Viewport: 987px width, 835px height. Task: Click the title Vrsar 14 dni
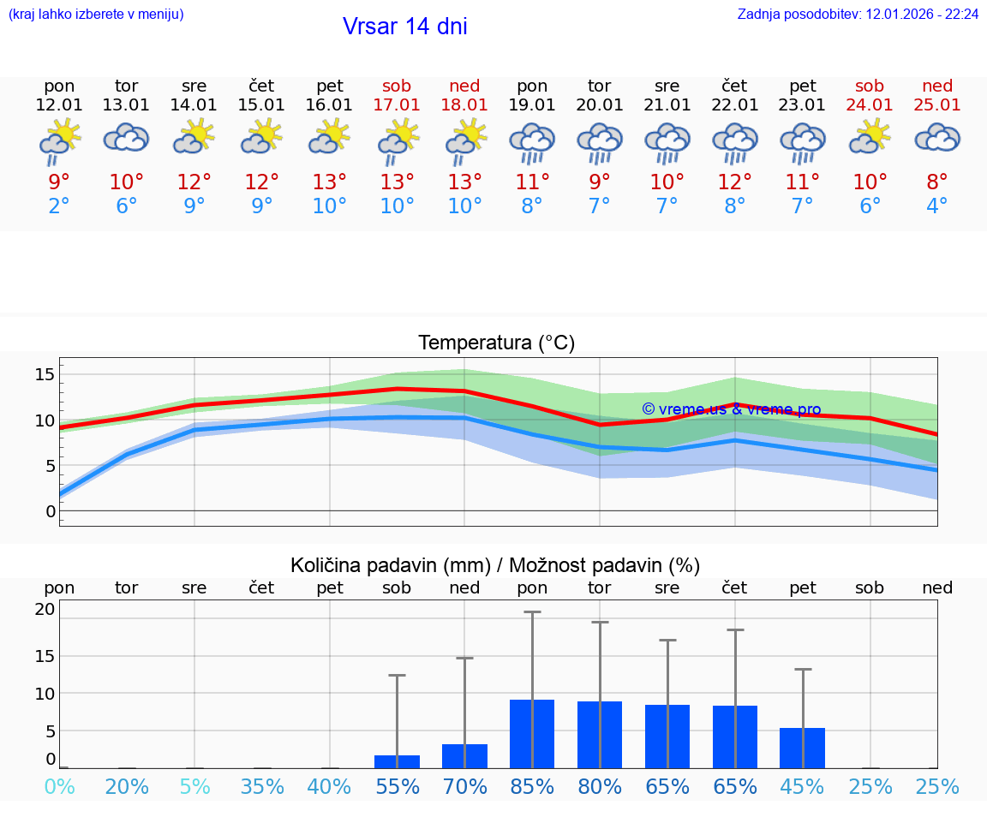[404, 27]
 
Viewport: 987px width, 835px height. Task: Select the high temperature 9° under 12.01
[59, 182]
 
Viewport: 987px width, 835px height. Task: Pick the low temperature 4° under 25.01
[937, 206]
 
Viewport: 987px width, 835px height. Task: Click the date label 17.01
[397, 105]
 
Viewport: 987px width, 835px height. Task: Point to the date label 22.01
[734, 105]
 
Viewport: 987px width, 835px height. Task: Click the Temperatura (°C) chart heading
[496, 343]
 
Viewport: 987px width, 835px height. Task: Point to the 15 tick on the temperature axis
[45, 374]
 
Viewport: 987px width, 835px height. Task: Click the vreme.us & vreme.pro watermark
[731, 409]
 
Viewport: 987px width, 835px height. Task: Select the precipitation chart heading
[495, 565]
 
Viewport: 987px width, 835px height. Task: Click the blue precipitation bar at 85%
[532, 734]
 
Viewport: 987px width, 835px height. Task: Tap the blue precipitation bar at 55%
[397, 761]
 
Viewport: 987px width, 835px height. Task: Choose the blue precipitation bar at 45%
[802, 748]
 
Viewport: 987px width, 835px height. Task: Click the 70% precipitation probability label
[464, 786]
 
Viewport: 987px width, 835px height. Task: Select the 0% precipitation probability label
[59, 786]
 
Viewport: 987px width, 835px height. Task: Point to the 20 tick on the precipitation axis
[45, 610]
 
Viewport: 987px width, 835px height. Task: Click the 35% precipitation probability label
[261, 786]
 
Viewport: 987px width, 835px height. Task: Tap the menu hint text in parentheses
[96, 15]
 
